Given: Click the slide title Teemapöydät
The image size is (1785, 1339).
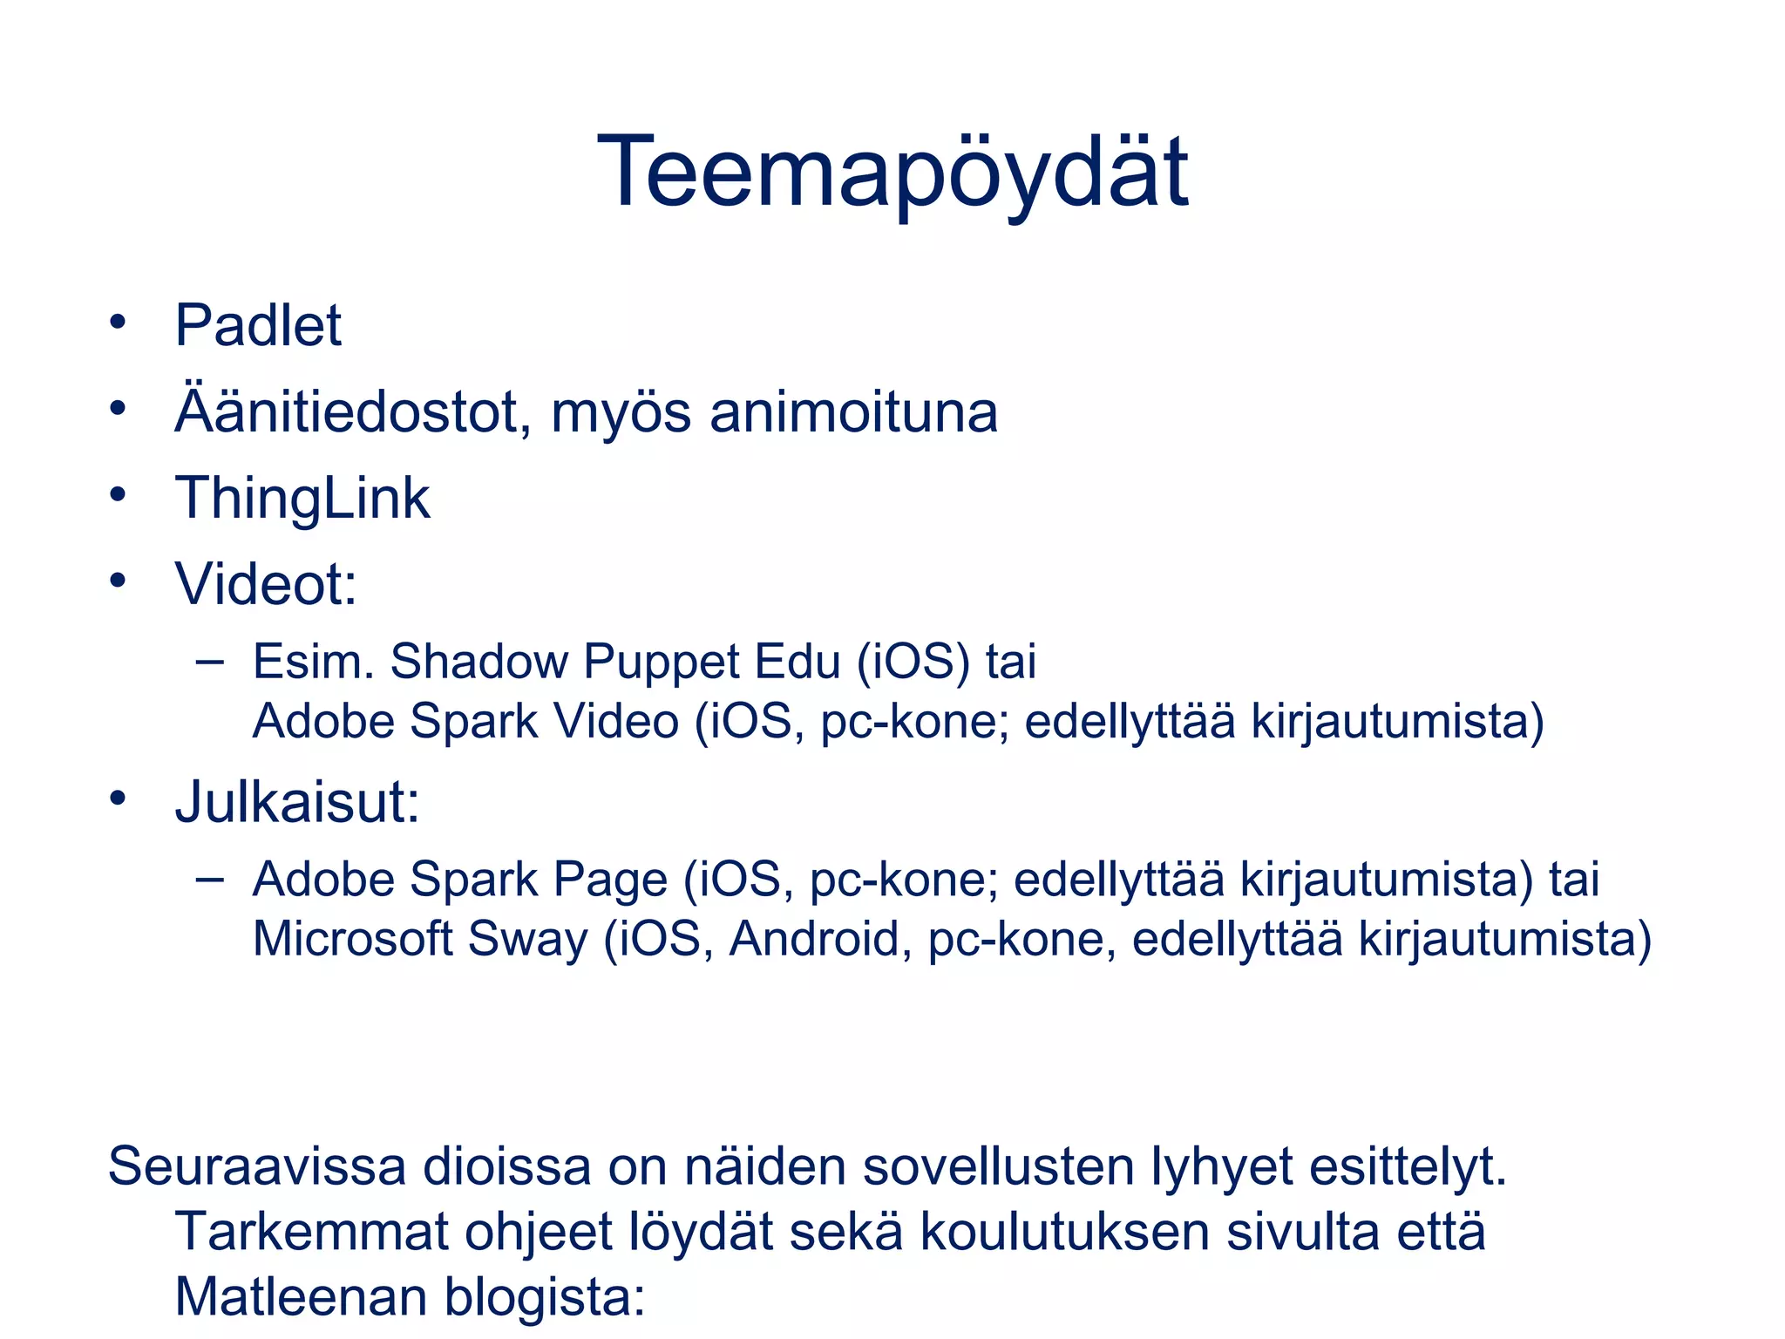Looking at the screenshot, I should click(x=892, y=173).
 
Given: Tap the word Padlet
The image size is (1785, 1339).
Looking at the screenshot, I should click(x=258, y=326).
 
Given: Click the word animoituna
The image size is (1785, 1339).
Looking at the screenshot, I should click(x=853, y=412).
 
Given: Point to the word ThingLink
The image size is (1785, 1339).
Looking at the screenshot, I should click(x=302, y=499).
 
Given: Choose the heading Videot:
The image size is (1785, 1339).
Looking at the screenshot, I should click(x=266, y=584).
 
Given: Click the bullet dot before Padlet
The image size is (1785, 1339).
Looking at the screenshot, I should click(x=119, y=323).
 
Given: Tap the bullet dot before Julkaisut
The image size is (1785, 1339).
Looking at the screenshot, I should click(x=119, y=799).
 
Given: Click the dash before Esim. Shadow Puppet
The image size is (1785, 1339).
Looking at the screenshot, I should click(x=209, y=661).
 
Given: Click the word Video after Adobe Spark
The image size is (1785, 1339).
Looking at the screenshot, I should click(x=616, y=723).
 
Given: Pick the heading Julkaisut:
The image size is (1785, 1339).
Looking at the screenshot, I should click(x=297, y=802).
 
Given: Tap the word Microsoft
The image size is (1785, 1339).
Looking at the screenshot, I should click(x=352, y=940).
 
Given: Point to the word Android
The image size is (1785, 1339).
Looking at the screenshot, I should click(x=814, y=940).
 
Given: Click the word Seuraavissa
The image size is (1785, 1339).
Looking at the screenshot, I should click(x=257, y=1166).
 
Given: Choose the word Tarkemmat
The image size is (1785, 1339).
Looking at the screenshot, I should click(x=310, y=1232).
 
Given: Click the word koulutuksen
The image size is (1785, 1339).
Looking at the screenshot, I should click(x=1064, y=1232).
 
